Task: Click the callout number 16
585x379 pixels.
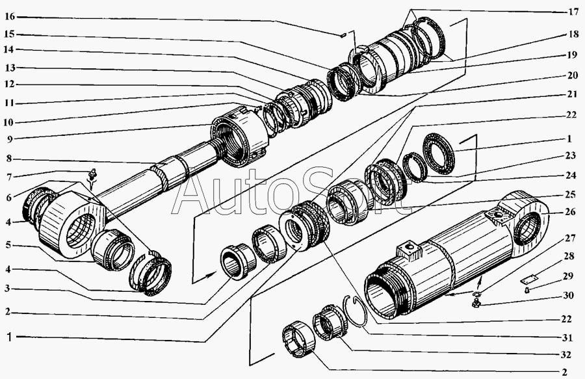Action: click(10, 17)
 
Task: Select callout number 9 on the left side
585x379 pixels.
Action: click(9, 139)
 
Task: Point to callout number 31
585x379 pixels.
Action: click(567, 337)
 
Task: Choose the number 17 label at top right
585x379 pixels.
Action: click(573, 12)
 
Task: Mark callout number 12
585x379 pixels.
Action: click(10, 85)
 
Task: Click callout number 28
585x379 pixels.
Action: click(569, 256)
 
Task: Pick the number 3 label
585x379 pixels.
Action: click(8, 289)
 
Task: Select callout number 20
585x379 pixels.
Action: click(572, 75)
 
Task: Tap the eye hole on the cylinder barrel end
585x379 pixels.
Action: click(527, 228)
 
